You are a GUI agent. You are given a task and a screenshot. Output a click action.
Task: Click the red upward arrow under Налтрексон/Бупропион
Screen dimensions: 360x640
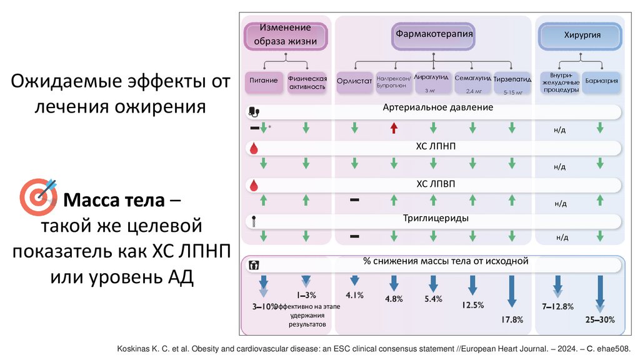[x=394, y=128]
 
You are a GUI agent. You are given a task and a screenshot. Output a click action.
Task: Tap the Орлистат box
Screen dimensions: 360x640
[x=354, y=81]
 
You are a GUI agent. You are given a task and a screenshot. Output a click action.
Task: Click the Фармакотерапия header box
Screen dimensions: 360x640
[x=433, y=35]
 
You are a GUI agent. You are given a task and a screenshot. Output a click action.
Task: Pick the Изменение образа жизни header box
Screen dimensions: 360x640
[x=286, y=35]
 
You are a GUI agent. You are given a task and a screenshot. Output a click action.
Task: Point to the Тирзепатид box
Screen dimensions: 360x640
[x=512, y=82]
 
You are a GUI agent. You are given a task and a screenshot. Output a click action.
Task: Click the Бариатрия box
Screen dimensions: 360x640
[x=601, y=81]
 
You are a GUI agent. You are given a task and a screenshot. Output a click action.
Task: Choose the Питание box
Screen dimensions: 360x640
[x=264, y=81]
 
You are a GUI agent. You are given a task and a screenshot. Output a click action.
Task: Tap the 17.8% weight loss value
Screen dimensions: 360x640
[x=512, y=320]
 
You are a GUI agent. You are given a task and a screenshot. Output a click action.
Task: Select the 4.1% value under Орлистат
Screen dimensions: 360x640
[x=354, y=295]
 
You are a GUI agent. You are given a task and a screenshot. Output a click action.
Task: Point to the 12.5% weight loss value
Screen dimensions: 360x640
[x=472, y=305]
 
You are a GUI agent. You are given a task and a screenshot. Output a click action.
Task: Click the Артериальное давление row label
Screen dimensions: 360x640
[x=438, y=107]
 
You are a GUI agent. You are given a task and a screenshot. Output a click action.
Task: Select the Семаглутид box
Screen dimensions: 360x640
[x=472, y=82]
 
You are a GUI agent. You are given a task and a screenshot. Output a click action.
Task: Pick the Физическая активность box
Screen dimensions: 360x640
[x=307, y=82]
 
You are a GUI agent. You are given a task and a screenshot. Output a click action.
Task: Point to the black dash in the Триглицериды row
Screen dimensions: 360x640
[x=354, y=236]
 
